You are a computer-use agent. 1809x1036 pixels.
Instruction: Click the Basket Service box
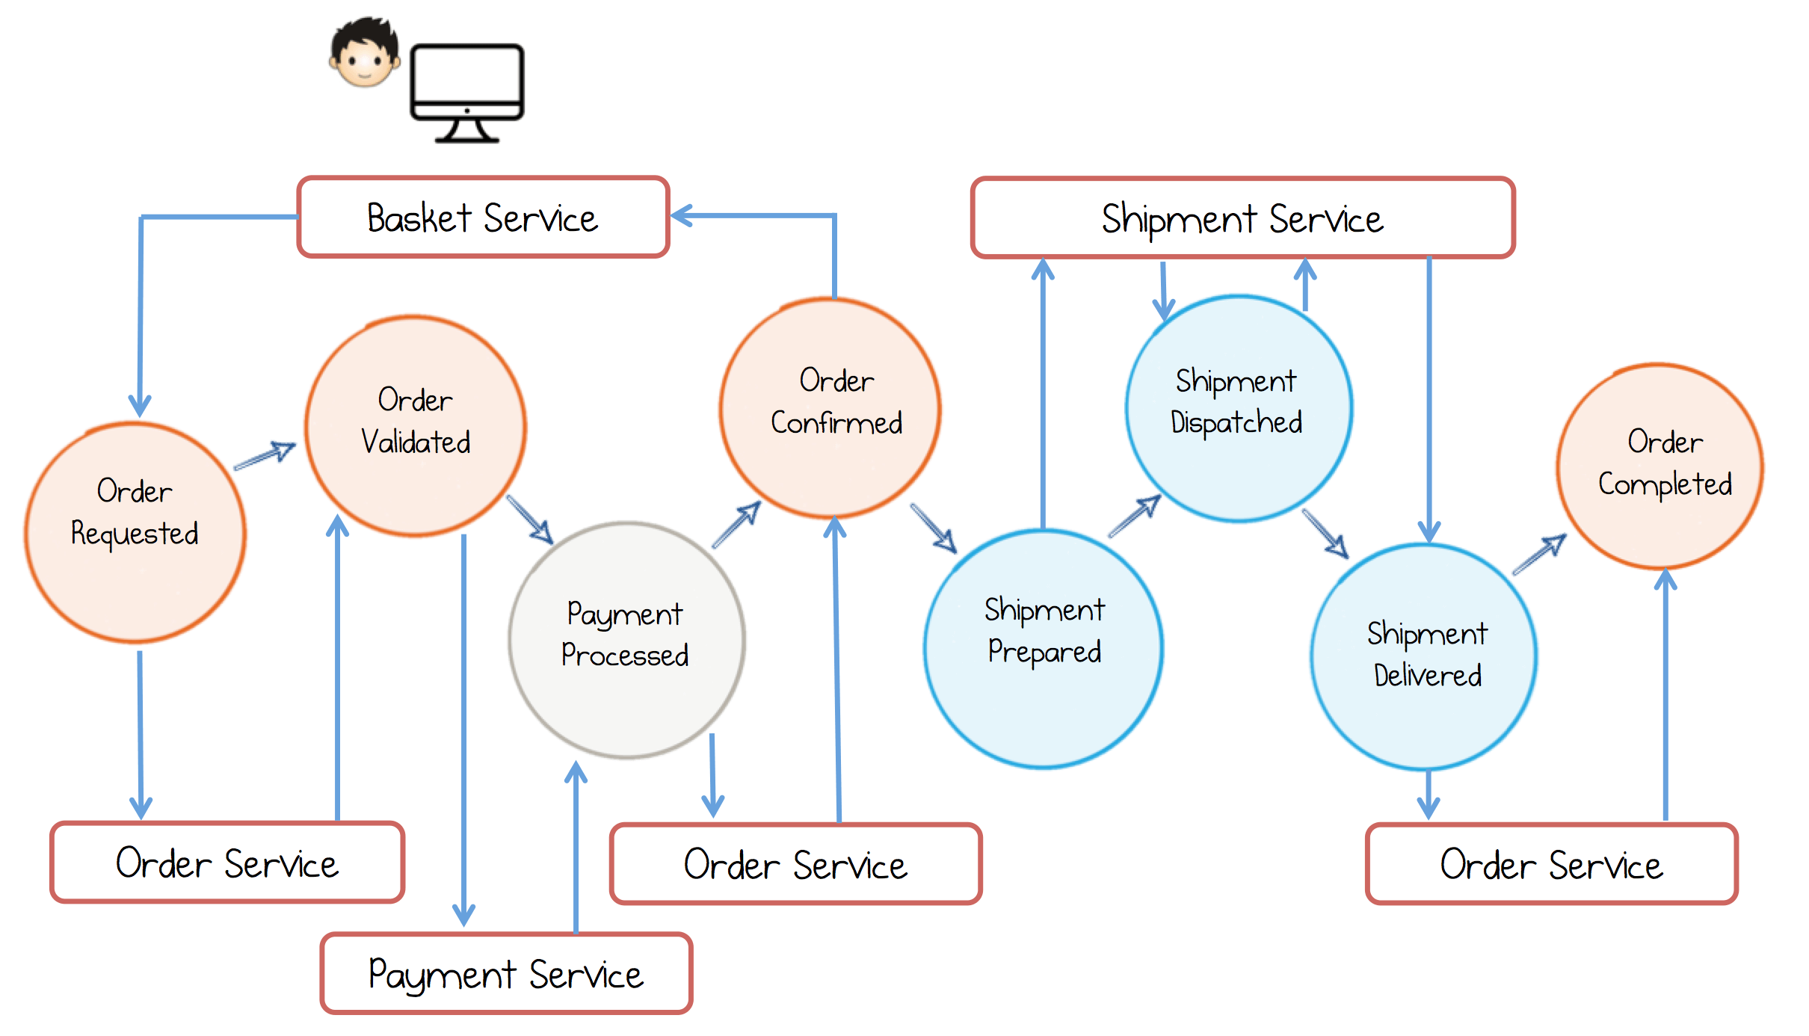(x=483, y=218)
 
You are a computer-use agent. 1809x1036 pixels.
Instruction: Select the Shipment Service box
(x=1242, y=218)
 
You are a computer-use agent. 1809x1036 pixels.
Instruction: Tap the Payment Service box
(x=506, y=973)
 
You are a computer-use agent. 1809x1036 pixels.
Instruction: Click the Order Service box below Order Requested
(x=227, y=863)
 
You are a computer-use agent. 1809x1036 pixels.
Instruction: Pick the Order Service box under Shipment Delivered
(x=1551, y=864)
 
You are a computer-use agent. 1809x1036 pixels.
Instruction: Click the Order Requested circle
(x=135, y=532)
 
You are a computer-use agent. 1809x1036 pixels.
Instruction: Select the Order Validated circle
(x=416, y=425)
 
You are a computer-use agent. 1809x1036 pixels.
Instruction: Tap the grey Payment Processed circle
(x=626, y=640)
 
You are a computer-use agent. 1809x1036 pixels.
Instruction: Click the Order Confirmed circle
(x=830, y=407)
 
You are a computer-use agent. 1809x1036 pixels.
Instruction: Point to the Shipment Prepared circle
(x=1044, y=648)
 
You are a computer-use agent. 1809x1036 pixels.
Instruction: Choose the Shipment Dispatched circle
(x=1239, y=408)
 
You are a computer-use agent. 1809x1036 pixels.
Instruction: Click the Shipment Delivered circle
(x=1424, y=656)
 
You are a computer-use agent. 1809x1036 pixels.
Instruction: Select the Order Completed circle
(x=1660, y=466)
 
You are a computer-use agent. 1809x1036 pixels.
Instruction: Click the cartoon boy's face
(x=365, y=54)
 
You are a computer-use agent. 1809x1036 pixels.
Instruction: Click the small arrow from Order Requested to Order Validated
(x=265, y=455)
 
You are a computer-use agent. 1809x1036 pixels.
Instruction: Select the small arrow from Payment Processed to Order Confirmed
(x=737, y=524)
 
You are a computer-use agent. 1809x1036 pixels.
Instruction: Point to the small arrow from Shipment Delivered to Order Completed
(x=1540, y=554)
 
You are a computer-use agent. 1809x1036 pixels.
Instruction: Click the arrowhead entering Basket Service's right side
(x=682, y=215)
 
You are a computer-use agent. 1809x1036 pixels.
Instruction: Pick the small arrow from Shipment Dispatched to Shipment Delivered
(x=1325, y=534)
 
